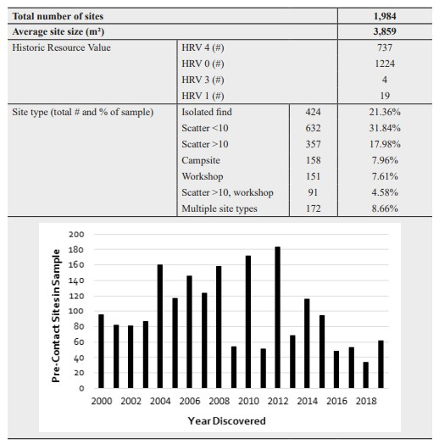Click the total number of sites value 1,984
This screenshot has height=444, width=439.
(385, 16)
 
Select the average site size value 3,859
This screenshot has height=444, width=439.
(385, 31)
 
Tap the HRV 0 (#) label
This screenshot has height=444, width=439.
(203, 64)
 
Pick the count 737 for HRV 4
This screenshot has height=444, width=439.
(385, 47)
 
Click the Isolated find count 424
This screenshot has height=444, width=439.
(313, 112)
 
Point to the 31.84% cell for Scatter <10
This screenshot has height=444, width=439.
(385, 128)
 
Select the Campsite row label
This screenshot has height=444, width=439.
(201, 160)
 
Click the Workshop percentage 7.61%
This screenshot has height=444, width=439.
(385, 176)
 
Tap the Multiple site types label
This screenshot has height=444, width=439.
(219, 208)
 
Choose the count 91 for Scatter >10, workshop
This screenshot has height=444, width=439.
(313, 192)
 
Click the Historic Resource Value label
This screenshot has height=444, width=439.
(62, 47)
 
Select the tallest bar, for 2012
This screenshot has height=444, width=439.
(278, 318)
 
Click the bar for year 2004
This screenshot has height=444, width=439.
(160, 326)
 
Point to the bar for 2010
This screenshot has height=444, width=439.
(248, 322)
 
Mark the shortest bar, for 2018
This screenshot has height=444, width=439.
(366, 375)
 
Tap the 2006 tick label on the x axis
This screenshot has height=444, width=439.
(190, 402)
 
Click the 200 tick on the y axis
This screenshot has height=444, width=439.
(76, 235)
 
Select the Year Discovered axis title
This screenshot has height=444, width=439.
(227, 421)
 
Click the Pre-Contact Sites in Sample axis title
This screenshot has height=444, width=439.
(56, 316)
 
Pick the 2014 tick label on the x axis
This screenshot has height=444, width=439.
(308, 402)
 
